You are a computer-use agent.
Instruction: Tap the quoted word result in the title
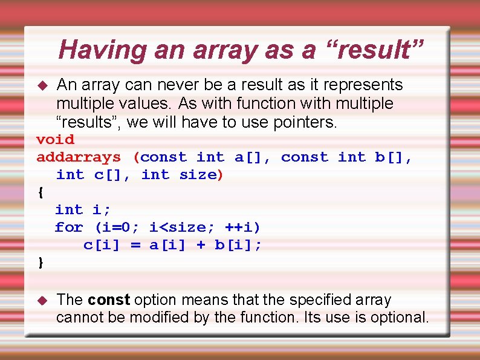tap(374, 50)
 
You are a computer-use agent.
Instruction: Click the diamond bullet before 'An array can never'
tap(42, 85)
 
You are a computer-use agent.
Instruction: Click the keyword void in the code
tap(56, 139)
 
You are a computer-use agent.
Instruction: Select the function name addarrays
tap(79, 157)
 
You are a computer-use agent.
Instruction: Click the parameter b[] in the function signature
tap(391, 157)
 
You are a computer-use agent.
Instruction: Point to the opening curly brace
tap(41, 192)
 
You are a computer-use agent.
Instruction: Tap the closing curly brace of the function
tap(41, 263)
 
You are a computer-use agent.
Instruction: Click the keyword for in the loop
tap(69, 227)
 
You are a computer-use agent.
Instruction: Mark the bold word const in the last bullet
tap(109, 299)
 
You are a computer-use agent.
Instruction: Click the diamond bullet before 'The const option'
tap(42, 300)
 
